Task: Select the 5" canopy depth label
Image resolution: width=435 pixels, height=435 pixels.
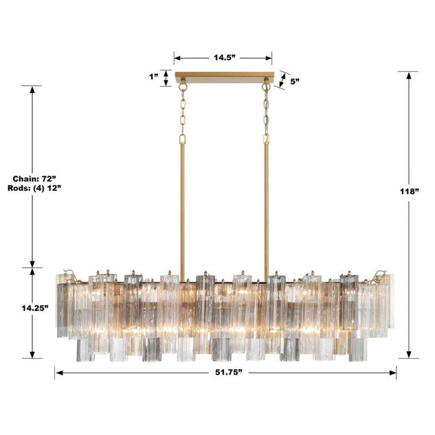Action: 295,82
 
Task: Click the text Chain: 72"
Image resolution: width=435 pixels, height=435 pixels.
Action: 34,178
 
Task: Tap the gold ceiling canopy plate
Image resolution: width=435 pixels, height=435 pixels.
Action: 224,77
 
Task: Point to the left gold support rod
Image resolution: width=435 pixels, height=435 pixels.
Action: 182,205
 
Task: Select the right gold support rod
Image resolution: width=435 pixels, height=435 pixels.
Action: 266,205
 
